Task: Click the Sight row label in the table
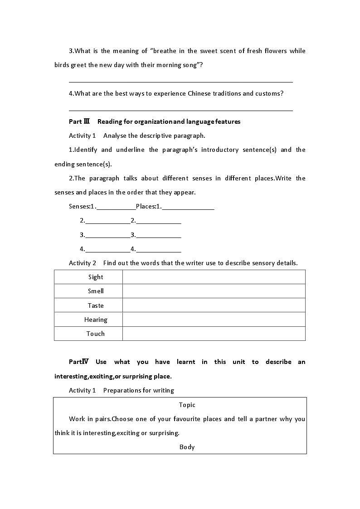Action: tap(96, 277)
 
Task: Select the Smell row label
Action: tap(96, 291)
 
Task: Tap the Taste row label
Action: tap(96, 305)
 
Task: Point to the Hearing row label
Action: tap(96, 320)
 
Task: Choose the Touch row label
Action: tap(96, 334)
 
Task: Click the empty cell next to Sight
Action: tap(214, 277)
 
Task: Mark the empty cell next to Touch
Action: tap(214, 334)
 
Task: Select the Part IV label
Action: tap(79, 362)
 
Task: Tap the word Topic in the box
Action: tap(187, 405)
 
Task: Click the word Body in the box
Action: tap(187, 447)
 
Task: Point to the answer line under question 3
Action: tap(180, 82)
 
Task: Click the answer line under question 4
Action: tap(180, 110)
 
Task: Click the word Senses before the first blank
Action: tap(79, 207)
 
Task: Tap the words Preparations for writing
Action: tap(139, 390)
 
